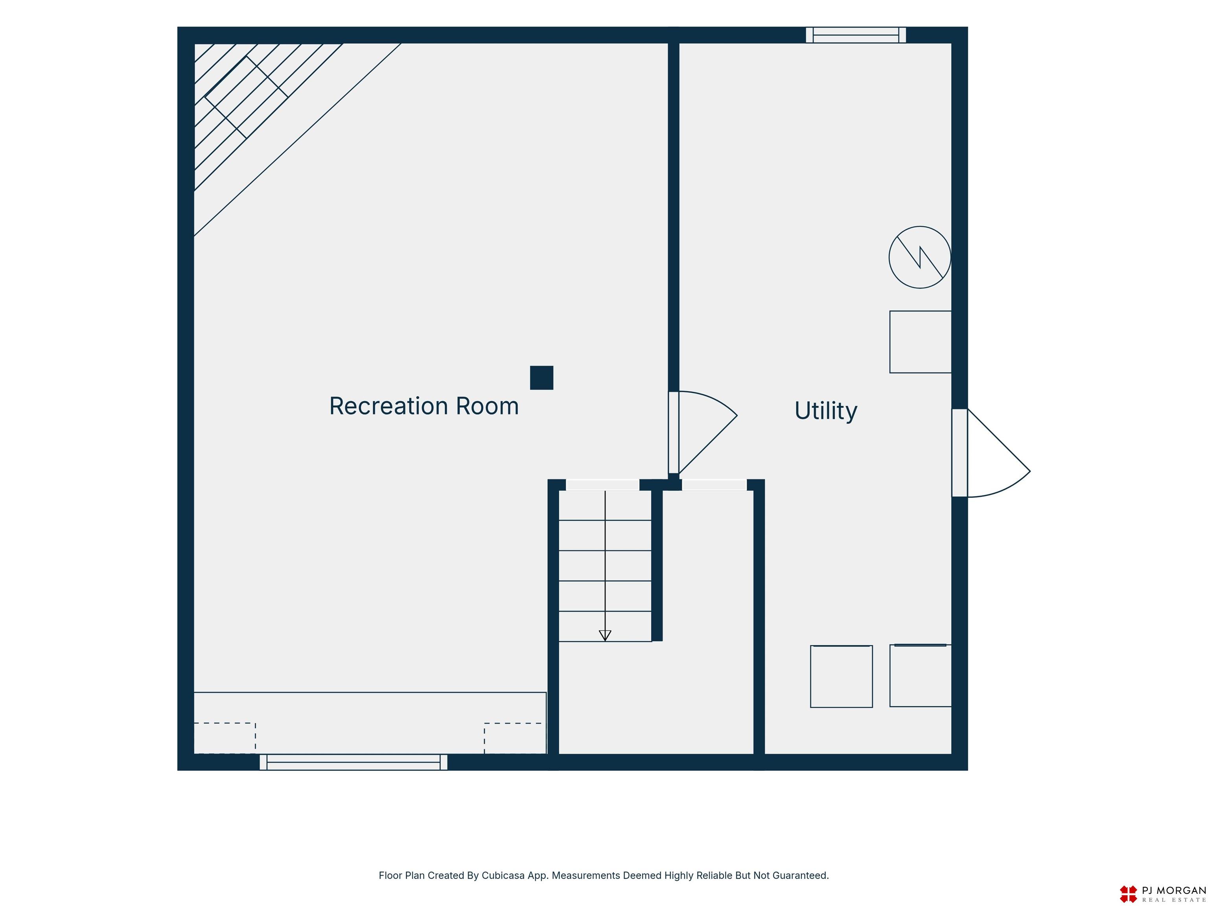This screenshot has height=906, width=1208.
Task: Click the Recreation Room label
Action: [x=424, y=406]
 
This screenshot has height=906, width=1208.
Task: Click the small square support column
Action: [x=542, y=378]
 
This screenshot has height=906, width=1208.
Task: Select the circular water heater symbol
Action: [x=920, y=257]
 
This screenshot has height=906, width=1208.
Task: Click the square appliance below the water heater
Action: [x=921, y=342]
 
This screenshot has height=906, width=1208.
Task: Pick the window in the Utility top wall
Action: [x=856, y=35]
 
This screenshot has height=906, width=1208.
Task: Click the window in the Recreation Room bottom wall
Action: [x=354, y=762]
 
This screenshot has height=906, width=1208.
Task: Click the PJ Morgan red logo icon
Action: [x=1128, y=894]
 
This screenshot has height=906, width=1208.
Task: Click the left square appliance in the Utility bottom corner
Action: [x=842, y=677]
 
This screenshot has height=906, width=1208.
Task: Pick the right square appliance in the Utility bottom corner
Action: [x=921, y=676]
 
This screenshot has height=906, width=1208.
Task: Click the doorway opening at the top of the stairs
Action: [x=602, y=485]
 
